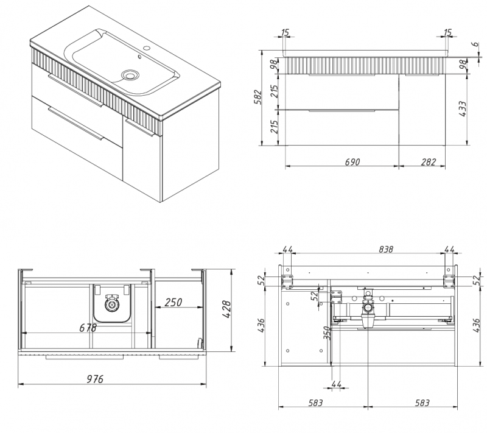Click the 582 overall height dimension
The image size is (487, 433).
(x=258, y=97)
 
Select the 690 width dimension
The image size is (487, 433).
(x=353, y=162)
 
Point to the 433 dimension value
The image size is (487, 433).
(x=462, y=109)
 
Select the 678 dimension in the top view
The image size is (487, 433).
(x=88, y=328)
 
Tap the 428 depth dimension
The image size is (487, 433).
(x=241, y=309)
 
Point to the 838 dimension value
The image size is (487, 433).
(x=370, y=249)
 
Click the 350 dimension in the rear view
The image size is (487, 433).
(x=326, y=333)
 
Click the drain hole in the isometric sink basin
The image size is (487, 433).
(x=130, y=75)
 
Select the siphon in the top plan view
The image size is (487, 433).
(x=112, y=303)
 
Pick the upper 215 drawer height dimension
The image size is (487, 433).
(x=275, y=91)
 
